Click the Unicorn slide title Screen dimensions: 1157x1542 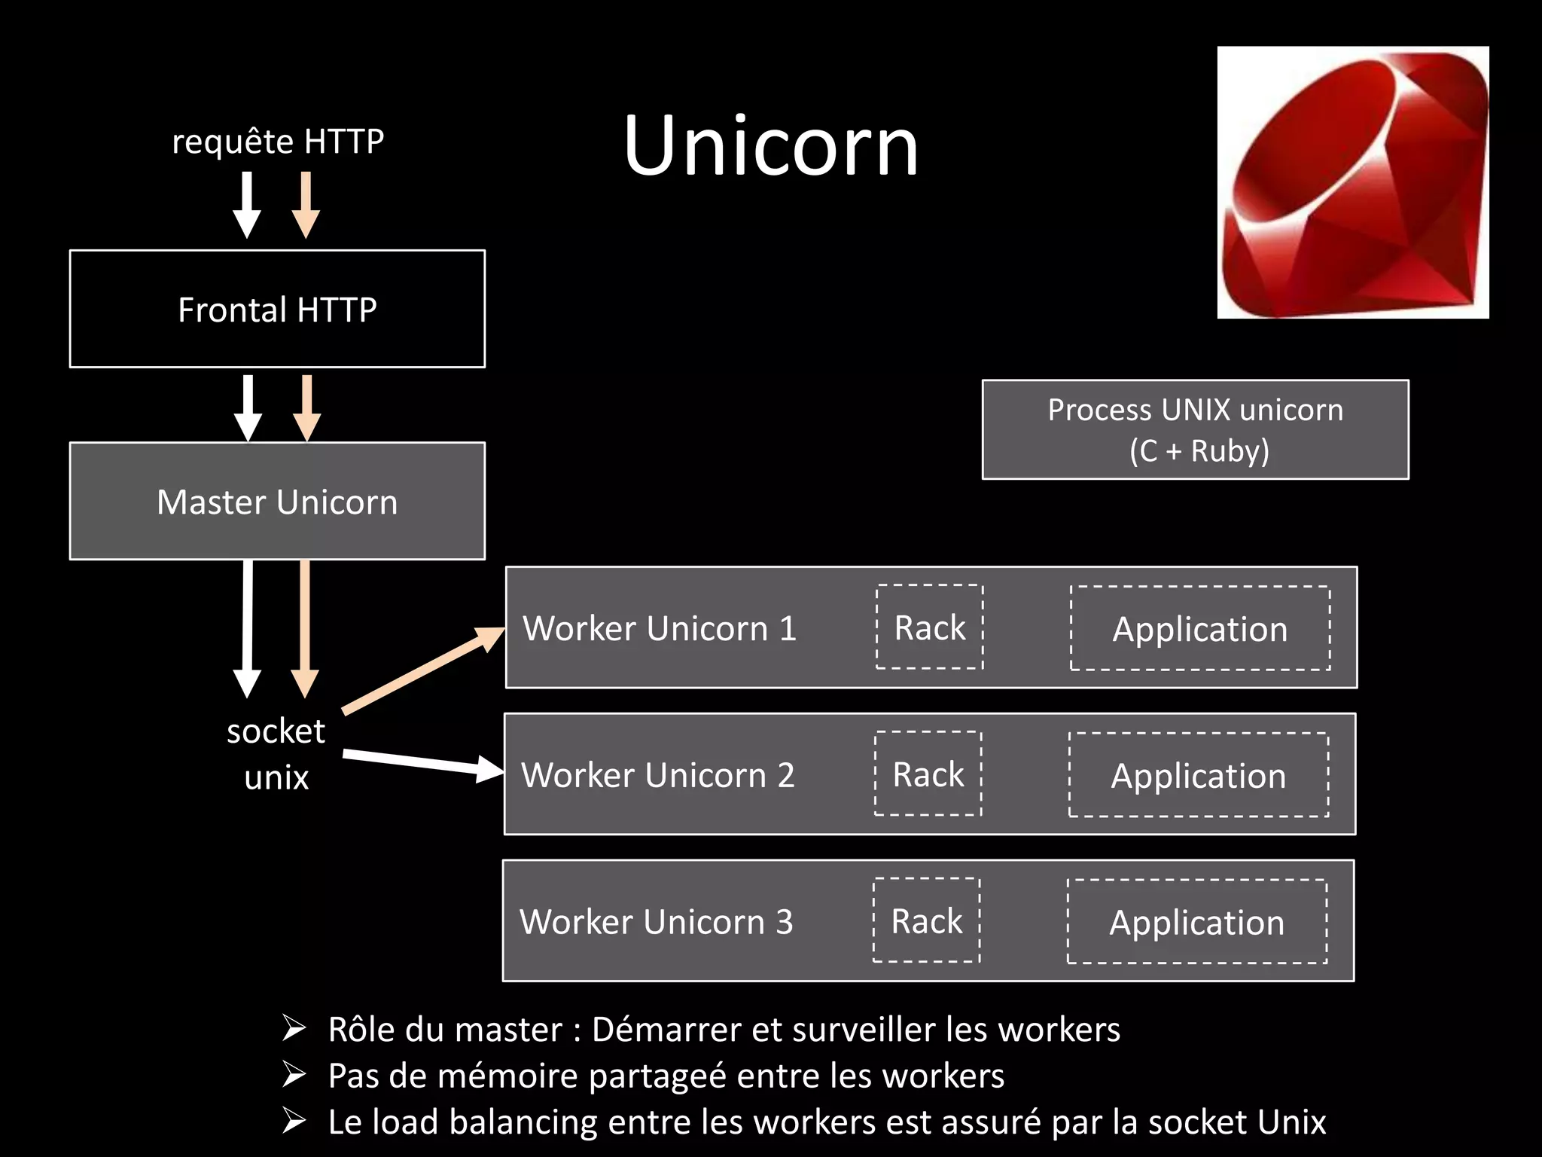pyautogui.click(x=771, y=146)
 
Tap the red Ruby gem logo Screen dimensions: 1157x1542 pyautogui.click(x=1352, y=182)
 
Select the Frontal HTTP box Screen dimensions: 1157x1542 pyautogui.click(x=277, y=309)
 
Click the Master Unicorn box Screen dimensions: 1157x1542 pyautogui.click(x=277, y=501)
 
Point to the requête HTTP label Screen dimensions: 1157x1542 pyautogui.click(x=278, y=142)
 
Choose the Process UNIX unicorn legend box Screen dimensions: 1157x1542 pyautogui.click(x=1195, y=429)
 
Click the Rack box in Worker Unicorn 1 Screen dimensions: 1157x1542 pyautogui.click(x=929, y=627)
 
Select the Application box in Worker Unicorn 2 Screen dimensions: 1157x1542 pyautogui.click(x=1198, y=774)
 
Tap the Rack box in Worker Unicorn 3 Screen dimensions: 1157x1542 pyautogui.click(x=926, y=920)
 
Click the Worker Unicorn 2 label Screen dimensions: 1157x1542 pyautogui.click(x=658, y=775)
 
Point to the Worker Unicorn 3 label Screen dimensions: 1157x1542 pyautogui.click(x=657, y=922)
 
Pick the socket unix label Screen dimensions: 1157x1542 pyautogui.click(x=276, y=753)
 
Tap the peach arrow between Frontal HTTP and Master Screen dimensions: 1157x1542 pyautogui.click(x=306, y=407)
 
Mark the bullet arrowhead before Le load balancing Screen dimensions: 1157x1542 pyautogui.click(x=294, y=1121)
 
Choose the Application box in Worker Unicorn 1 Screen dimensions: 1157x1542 pyautogui.click(x=1199, y=628)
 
